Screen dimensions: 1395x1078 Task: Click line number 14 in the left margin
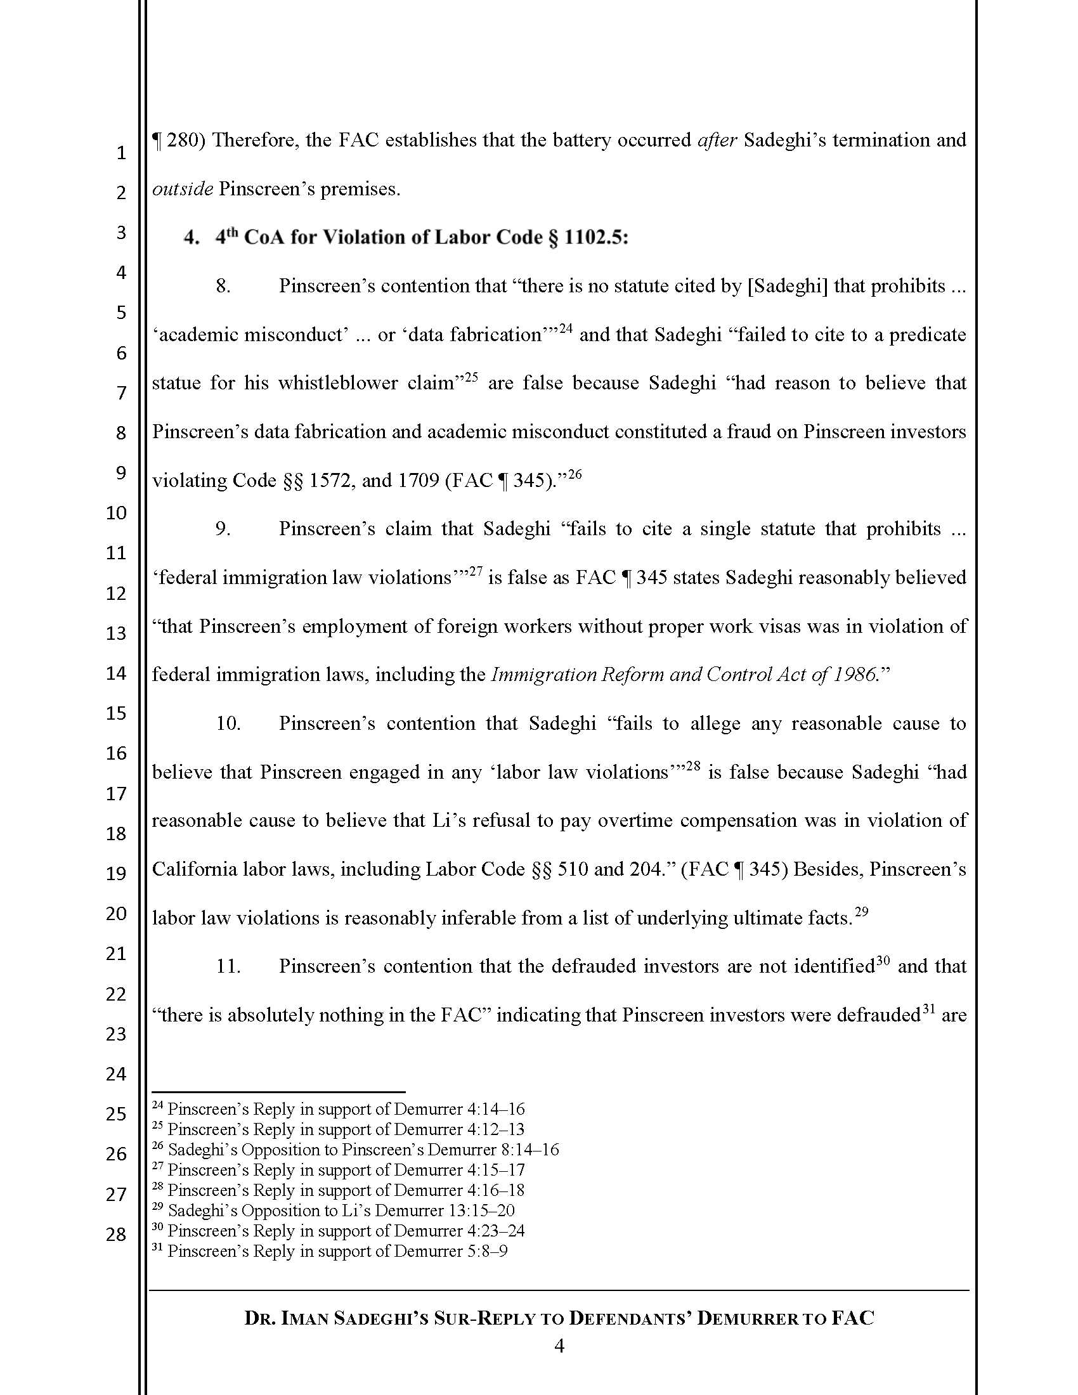click(x=115, y=673)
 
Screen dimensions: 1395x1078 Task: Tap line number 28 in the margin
click(x=115, y=1234)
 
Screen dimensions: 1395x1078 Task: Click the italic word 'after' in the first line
click(x=717, y=140)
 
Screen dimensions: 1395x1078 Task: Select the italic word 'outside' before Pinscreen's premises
click(x=182, y=189)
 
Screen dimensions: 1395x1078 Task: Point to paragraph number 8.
click(x=223, y=286)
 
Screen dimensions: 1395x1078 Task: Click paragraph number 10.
click(x=228, y=723)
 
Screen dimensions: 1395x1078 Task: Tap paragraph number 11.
click(x=228, y=966)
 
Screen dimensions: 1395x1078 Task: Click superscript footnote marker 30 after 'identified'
click(x=883, y=961)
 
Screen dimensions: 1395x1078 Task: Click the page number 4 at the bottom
click(x=559, y=1346)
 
